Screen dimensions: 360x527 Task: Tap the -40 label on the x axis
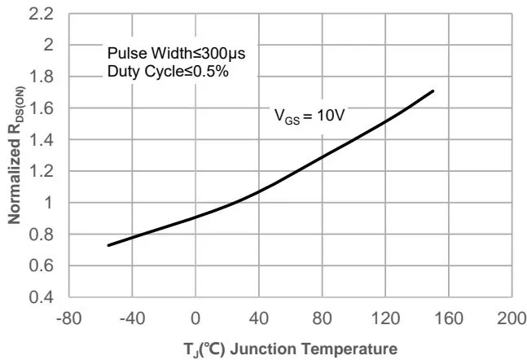pyautogui.click(x=132, y=317)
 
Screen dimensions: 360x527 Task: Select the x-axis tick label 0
pyautogui.click(x=195, y=317)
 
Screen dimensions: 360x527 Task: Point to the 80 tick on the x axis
pyautogui.click(x=323, y=317)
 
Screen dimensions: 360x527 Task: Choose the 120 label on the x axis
pyautogui.click(x=386, y=317)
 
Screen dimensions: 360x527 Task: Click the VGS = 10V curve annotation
pyautogui.click(x=310, y=116)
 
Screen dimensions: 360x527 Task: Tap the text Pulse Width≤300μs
pyautogui.click(x=177, y=54)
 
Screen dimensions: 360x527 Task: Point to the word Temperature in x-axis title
pyautogui.click(x=357, y=349)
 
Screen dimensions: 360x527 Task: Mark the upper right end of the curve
pyautogui.click(x=433, y=91)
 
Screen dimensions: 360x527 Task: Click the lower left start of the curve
pyautogui.click(x=108, y=245)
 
